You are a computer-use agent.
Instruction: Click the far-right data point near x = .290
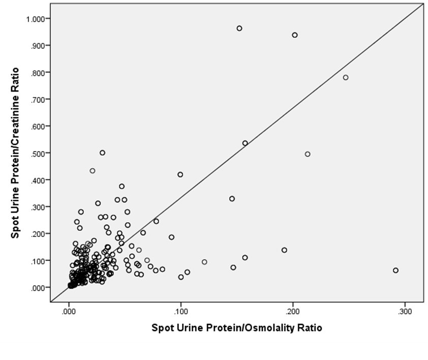point(395,271)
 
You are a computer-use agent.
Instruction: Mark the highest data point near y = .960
point(239,28)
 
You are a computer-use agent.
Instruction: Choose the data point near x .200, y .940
point(295,35)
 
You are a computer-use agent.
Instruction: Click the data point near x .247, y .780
point(346,77)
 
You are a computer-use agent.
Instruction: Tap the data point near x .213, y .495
point(308,154)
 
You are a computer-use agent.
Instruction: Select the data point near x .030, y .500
point(102,153)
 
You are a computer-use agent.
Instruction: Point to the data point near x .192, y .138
point(284,250)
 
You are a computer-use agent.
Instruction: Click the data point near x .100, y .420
point(180,174)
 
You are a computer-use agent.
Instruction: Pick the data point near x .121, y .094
point(204,262)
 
